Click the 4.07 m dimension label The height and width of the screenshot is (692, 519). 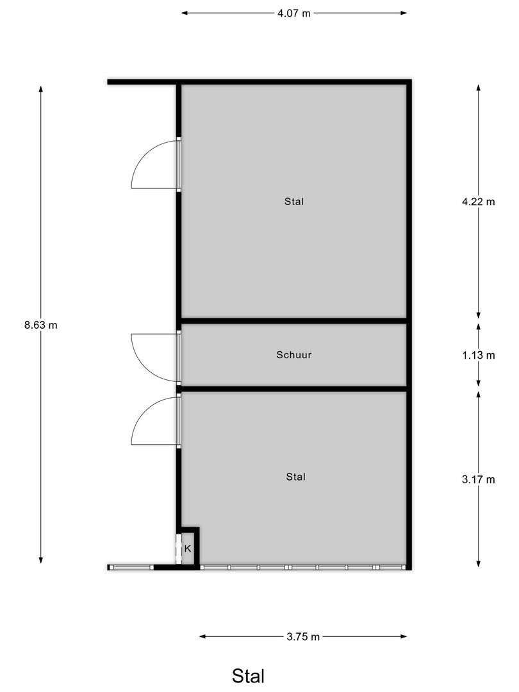pyautogui.click(x=294, y=13)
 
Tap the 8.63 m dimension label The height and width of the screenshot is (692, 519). pyautogui.click(x=41, y=325)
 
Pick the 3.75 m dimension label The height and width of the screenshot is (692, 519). pyautogui.click(x=303, y=636)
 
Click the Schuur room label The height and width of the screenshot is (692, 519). pyautogui.click(x=294, y=354)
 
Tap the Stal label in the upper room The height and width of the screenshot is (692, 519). pyautogui.click(x=294, y=201)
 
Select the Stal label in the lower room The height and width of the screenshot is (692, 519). pyautogui.click(x=295, y=477)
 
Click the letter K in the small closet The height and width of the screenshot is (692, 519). pyautogui.click(x=188, y=548)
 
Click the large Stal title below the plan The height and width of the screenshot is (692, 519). pyautogui.click(x=248, y=675)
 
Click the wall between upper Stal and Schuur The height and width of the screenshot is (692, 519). pyautogui.click(x=294, y=320)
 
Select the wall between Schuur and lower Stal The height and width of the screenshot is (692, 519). pyautogui.click(x=294, y=389)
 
